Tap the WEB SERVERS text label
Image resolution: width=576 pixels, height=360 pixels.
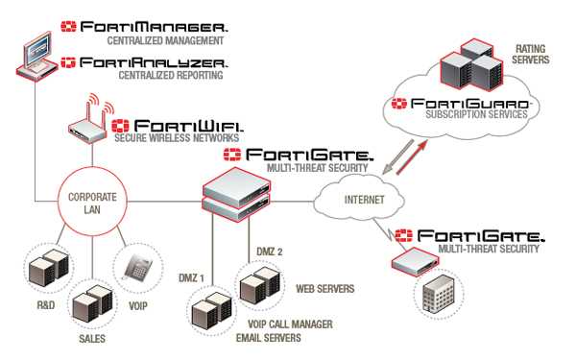[324, 288]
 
